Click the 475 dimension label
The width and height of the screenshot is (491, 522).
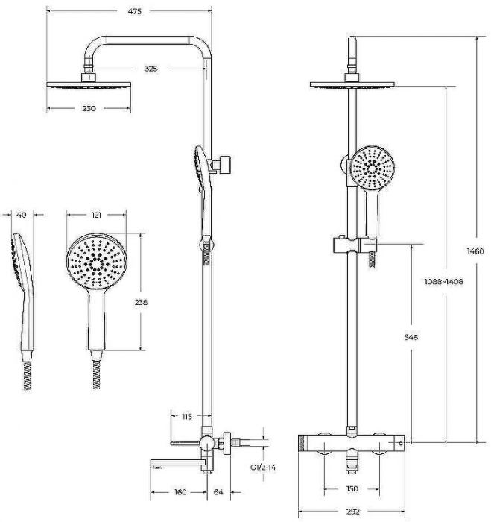135,11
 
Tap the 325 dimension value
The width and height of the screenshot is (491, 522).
151,69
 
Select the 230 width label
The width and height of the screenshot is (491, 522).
89,109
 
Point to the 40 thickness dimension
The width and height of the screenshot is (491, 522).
22,215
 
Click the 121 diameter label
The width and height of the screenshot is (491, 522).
96,215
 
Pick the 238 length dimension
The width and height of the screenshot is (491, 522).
141,302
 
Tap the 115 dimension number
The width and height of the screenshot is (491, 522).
187,416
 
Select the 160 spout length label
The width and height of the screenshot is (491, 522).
180,492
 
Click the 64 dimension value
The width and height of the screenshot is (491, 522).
218,492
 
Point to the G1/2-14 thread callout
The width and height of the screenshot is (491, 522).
263,468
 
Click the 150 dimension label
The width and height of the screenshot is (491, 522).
352,488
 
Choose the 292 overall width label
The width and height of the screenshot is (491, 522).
353,512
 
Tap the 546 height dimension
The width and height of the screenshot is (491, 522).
411,337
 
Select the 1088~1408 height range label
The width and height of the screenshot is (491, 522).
444,282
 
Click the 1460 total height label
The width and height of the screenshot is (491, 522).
475,251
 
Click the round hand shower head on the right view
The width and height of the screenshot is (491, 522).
373,168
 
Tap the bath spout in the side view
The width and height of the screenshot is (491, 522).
176,462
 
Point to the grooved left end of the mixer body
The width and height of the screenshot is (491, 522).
302,444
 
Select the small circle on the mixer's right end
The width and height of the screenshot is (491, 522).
401,444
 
